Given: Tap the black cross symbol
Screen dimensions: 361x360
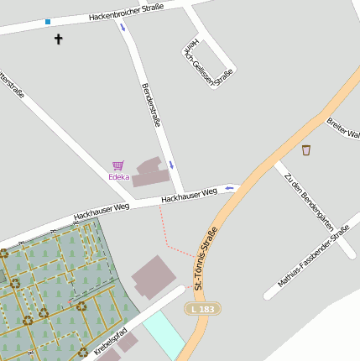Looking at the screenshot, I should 59,39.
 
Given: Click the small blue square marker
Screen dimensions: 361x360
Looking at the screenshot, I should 48,22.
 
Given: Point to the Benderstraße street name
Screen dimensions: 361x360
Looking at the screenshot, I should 151,105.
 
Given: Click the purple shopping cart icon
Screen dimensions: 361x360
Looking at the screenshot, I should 118,165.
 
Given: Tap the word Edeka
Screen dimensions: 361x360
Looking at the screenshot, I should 118,177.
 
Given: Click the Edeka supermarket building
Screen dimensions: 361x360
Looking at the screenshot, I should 150,171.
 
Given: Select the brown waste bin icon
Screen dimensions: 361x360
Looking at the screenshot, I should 306,150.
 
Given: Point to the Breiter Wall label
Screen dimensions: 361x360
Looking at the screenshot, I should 343,128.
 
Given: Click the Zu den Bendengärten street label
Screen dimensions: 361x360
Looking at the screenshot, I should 309,202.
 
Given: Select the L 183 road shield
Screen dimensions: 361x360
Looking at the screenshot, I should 202,309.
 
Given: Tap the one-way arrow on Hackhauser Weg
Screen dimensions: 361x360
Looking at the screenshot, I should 229,188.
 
